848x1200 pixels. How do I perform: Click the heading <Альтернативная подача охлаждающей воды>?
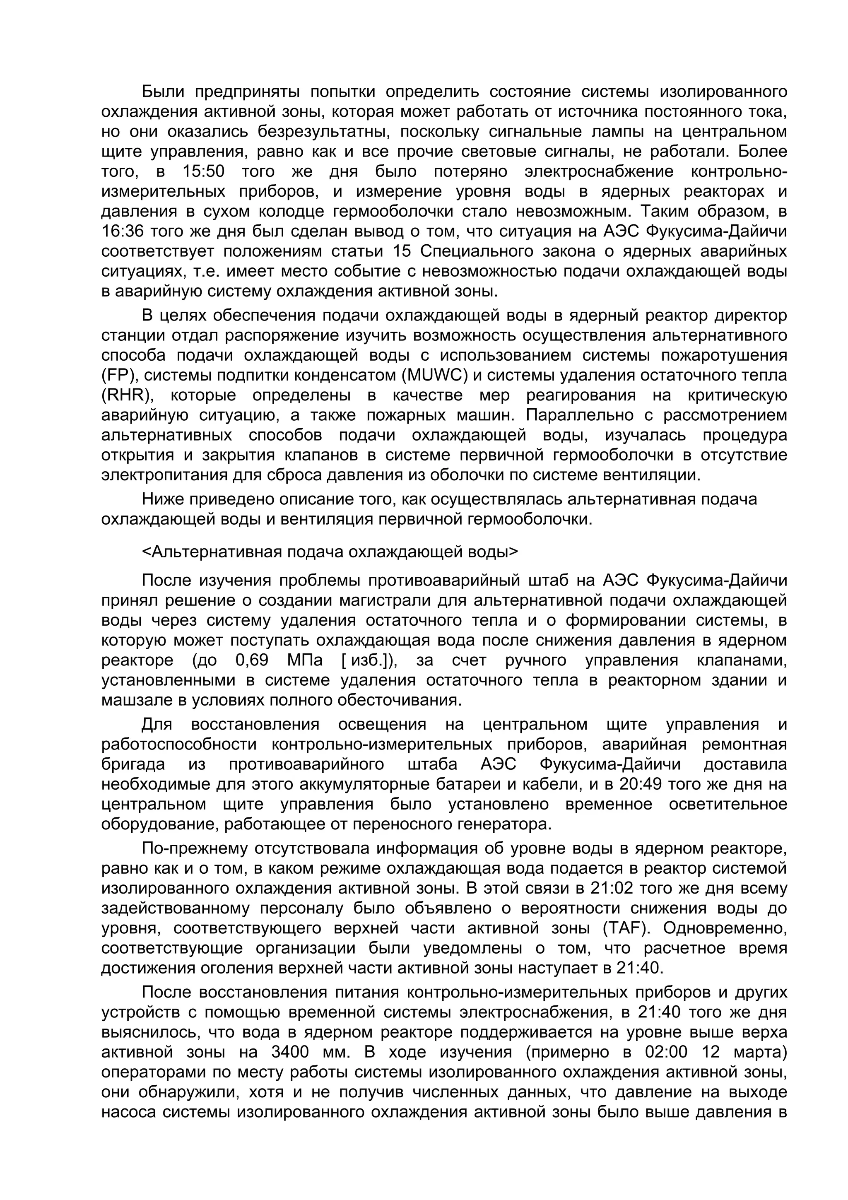[330, 552]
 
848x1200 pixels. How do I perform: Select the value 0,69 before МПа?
[252, 660]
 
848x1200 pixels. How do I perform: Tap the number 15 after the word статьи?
[401, 251]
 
